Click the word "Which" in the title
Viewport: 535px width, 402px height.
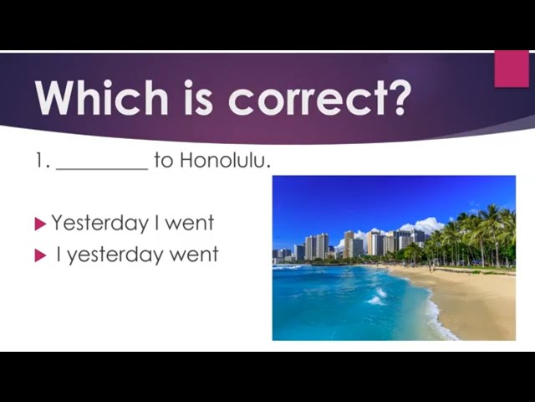pyautogui.click(x=102, y=97)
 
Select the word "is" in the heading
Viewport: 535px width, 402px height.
pyautogui.click(x=199, y=97)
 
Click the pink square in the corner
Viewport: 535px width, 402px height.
pyautogui.click(x=512, y=69)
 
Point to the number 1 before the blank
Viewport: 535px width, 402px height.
pyautogui.click(x=40, y=160)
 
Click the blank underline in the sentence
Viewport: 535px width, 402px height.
pyautogui.click(x=102, y=168)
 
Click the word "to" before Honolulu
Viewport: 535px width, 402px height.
pyautogui.click(x=164, y=161)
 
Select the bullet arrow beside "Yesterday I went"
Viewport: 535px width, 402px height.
pyautogui.click(x=40, y=224)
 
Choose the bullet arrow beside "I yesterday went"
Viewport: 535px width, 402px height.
pyautogui.click(x=40, y=255)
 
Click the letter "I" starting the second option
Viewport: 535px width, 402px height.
pyautogui.click(x=59, y=255)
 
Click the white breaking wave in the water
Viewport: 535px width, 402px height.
pyautogui.click(x=376, y=298)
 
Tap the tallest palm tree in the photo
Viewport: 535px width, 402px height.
pyautogui.click(x=492, y=233)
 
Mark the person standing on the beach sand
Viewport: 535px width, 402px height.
pyautogui.click(x=431, y=266)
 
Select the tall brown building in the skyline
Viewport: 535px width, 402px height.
pyautogui.click(x=349, y=245)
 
